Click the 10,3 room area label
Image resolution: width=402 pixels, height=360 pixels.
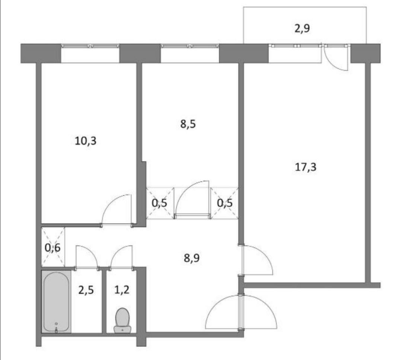(x=85, y=141)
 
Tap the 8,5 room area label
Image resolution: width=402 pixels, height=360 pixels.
(x=188, y=124)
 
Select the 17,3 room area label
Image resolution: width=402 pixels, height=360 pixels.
(x=306, y=167)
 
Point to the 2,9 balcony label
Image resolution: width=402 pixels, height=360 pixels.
(x=302, y=28)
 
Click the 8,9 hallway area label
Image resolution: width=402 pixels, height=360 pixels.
(x=192, y=258)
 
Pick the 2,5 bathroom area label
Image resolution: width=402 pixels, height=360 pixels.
(x=86, y=290)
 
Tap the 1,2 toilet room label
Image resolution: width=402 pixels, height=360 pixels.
(x=122, y=290)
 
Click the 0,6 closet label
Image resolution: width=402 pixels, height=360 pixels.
(x=52, y=248)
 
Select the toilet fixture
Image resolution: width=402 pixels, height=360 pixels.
(x=122, y=320)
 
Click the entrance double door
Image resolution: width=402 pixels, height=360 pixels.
(x=241, y=312)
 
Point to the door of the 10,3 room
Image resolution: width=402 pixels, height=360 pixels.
(x=117, y=210)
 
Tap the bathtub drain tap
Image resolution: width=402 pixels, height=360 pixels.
(x=56, y=328)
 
